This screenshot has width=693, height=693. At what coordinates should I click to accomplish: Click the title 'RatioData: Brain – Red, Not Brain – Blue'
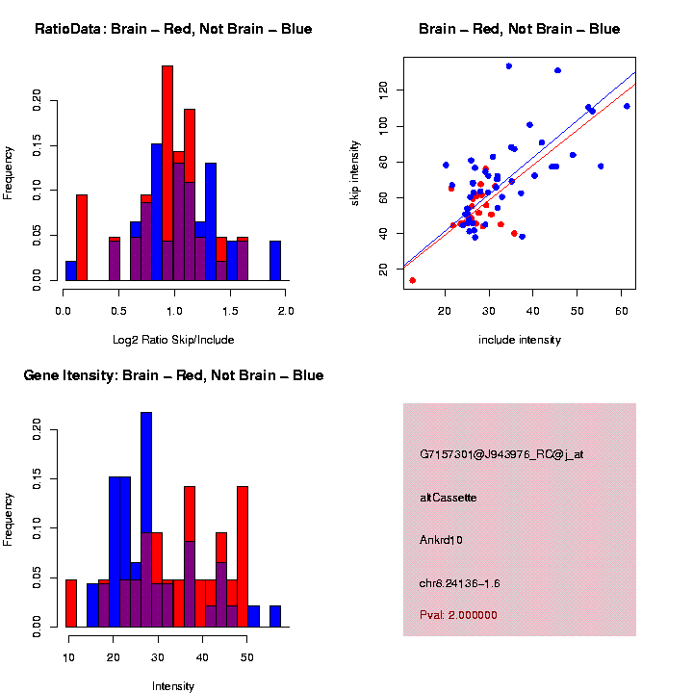pos(173,29)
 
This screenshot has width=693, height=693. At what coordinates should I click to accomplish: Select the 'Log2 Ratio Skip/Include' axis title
pos(174,339)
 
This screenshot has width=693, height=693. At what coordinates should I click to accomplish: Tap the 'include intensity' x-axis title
pos(520,340)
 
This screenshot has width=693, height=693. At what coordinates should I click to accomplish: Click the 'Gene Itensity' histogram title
pos(173,375)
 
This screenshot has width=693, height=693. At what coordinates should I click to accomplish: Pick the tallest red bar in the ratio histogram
pos(167,173)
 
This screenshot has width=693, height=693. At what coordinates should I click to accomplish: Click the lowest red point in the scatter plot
pos(413,280)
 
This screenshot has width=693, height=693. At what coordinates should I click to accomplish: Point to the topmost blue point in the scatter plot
pos(509,66)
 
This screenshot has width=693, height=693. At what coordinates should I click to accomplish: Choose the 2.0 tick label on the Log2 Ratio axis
pos(285,311)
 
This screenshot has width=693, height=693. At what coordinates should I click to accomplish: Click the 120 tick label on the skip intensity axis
pos(382,90)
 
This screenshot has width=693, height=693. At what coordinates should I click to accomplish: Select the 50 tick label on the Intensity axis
pos(246,656)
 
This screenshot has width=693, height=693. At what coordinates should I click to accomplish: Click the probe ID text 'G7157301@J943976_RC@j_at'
pos(501,454)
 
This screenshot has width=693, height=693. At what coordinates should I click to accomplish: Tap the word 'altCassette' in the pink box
pos(448,498)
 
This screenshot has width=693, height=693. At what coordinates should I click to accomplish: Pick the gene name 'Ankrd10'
pos(441,540)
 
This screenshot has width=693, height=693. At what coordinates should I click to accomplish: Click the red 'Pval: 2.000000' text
pos(458,614)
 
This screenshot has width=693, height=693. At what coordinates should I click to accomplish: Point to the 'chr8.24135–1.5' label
pos(460,583)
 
